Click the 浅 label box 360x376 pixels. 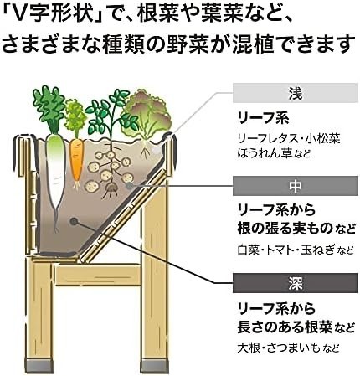296,93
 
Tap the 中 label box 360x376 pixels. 296,186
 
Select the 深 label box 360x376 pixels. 296,283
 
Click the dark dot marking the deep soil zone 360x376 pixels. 74,222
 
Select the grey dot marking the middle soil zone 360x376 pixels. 129,186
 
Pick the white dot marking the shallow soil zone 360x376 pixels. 157,150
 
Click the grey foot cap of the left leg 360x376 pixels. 39,366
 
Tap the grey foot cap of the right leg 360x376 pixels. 154,366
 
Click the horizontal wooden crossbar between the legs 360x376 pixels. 98,275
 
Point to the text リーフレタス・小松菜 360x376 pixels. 289,139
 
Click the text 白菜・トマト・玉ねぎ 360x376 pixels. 286,250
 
